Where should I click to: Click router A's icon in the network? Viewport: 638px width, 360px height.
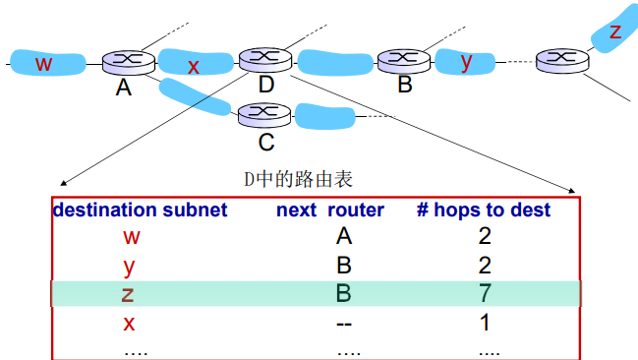coord(123,61)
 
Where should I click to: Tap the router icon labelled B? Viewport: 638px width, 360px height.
coord(398,61)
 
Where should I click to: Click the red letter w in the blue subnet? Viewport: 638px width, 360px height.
coord(43,64)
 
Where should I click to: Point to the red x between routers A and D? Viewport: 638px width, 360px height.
coord(194,66)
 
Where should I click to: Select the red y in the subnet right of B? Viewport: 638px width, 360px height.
coord(467,61)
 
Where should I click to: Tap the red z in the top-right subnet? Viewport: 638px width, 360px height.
coord(615,31)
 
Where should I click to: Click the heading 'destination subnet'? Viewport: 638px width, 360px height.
coord(140,210)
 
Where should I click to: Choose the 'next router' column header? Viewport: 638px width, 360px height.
coord(329,210)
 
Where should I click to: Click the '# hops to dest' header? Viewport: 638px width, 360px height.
coord(485,210)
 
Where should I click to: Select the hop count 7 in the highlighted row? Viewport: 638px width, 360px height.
coord(485,293)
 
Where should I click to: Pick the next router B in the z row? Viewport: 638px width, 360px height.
coord(343,293)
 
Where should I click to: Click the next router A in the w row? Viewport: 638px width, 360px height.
coord(343,236)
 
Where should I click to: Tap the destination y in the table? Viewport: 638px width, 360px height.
coord(130,266)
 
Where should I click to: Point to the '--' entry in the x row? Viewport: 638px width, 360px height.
coord(343,323)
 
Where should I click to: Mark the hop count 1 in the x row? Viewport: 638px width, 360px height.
coord(485,323)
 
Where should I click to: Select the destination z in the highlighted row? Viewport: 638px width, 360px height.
coord(129,293)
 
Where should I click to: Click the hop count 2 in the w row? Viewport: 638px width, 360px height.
coord(485,236)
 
